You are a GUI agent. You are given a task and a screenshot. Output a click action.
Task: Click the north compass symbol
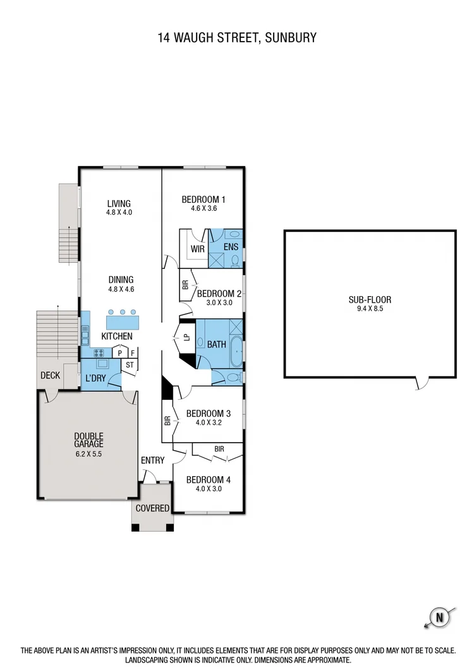[x=437, y=617]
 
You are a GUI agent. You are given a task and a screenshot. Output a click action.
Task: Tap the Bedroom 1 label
[x=204, y=200]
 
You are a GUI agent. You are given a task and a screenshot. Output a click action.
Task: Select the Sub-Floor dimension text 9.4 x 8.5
[x=370, y=309]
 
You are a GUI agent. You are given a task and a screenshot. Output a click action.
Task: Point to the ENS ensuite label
[x=231, y=247]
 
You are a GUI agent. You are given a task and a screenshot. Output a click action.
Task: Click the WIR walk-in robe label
[x=198, y=248]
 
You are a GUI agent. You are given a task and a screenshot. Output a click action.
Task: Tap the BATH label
[x=216, y=344]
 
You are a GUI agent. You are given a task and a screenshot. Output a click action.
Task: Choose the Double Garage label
[x=88, y=440]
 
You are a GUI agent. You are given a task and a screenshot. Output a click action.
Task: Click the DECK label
[x=50, y=375]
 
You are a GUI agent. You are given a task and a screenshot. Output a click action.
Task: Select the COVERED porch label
[x=152, y=508]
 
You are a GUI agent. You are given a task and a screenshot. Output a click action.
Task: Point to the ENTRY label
[x=152, y=460]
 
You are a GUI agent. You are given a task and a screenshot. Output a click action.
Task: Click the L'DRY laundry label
[x=95, y=378]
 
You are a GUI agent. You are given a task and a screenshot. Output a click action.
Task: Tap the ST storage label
[x=130, y=365]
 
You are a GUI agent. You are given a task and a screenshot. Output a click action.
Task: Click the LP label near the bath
[x=186, y=337]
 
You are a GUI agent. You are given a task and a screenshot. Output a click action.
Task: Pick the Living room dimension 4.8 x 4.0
[x=119, y=213]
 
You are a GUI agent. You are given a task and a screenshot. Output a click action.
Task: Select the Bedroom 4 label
[x=209, y=479]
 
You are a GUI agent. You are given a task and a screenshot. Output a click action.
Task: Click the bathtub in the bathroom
[x=236, y=351]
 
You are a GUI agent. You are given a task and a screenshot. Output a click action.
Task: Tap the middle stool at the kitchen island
[x=122, y=312]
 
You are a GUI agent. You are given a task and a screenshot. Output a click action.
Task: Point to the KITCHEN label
[x=117, y=336]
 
